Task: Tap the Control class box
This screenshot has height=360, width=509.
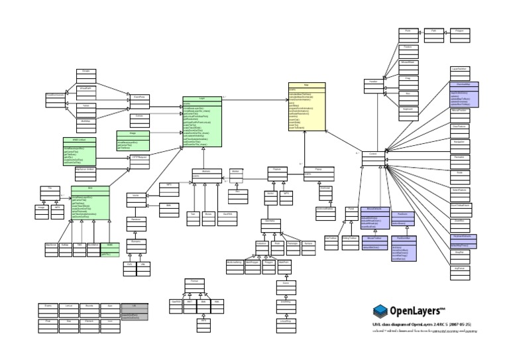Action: (372, 154)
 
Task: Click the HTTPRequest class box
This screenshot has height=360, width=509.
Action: (139, 158)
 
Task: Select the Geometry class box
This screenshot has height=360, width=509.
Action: (270, 222)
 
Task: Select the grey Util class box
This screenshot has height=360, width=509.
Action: (134, 310)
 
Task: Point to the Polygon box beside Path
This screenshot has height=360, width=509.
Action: (463, 31)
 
